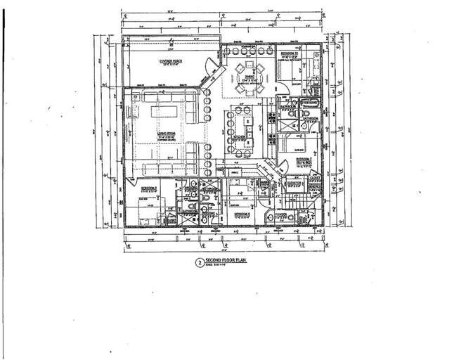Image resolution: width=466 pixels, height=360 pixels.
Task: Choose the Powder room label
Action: pos(285,216)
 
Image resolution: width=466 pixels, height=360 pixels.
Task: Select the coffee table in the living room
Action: pos(162,112)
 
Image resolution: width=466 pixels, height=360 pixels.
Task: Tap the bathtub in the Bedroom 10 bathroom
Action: pos(311,70)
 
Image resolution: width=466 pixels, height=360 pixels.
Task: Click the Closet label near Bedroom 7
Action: pos(314,177)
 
